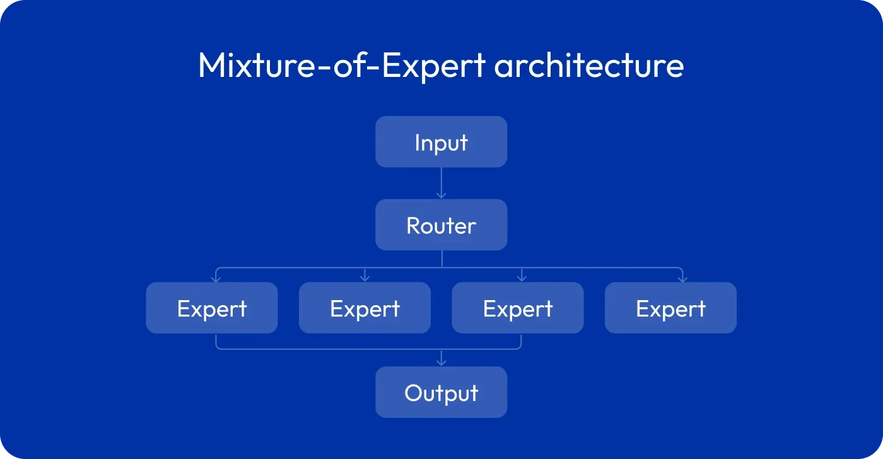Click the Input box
[x=441, y=142]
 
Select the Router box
[x=441, y=224]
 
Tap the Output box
[x=441, y=392]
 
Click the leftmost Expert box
[x=212, y=308]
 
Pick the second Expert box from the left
[x=365, y=308]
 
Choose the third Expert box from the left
[x=518, y=308]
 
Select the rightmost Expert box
[x=670, y=308]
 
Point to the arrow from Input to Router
[x=441, y=183]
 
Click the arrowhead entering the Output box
[x=441, y=363]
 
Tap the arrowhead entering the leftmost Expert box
[x=216, y=279]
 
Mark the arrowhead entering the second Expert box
[x=365, y=278]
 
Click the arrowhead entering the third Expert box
[x=522, y=278]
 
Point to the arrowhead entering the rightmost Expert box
[x=682, y=279]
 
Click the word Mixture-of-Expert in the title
[x=342, y=66]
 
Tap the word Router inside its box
[x=441, y=226]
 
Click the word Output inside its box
[x=441, y=393]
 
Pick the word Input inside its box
[x=441, y=143]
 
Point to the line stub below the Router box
[x=442, y=259]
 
